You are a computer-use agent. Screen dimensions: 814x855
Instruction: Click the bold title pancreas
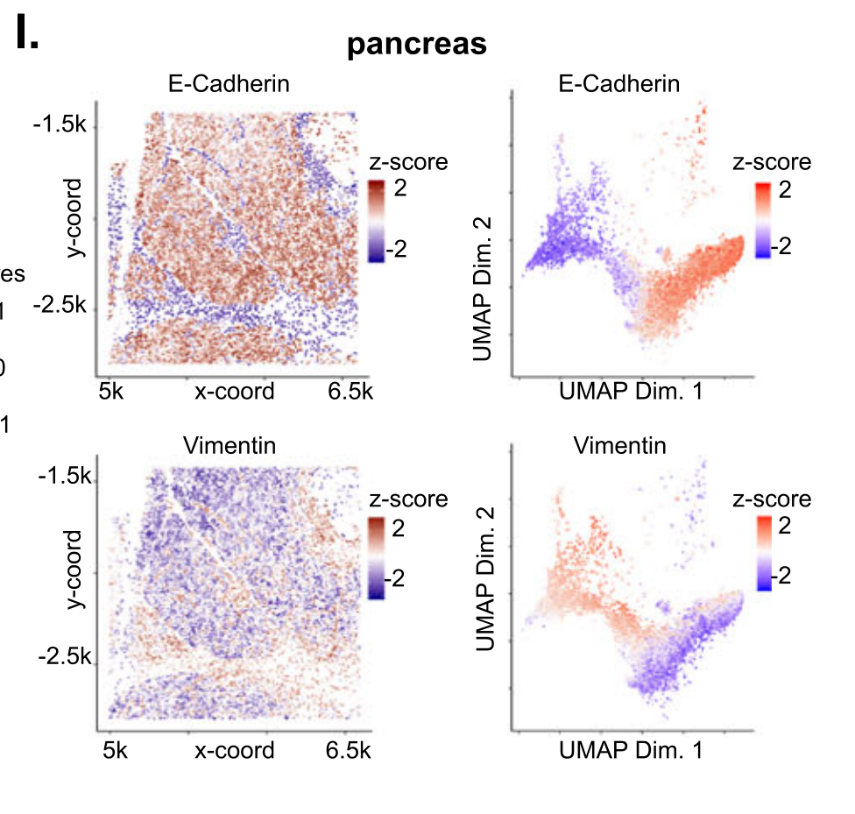pyautogui.click(x=416, y=45)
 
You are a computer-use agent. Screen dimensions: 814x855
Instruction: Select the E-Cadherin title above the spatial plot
pyautogui.click(x=230, y=84)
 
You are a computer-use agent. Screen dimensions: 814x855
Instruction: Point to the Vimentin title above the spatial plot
pyautogui.click(x=230, y=446)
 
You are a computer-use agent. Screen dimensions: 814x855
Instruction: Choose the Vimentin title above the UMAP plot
pyautogui.click(x=619, y=446)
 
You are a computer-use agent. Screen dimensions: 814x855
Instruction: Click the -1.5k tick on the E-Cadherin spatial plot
pyautogui.click(x=60, y=125)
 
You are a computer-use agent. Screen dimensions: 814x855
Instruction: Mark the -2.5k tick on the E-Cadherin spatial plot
pyautogui.click(x=60, y=306)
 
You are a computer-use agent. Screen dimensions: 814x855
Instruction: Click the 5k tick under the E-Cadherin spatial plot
pyautogui.click(x=111, y=391)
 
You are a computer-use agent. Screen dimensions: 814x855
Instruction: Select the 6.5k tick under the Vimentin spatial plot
pyautogui.click(x=350, y=751)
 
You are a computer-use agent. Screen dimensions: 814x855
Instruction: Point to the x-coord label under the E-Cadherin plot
pyautogui.click(x=234, y=391)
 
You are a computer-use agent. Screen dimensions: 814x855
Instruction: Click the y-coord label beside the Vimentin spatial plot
pyautogui.click(x=74, y=569)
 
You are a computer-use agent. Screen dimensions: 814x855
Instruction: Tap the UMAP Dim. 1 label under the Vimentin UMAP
pyautogui.click(x=630, y=751)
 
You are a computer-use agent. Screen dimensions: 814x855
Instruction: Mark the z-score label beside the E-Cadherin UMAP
pyautogui.click(x=771, y=162)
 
